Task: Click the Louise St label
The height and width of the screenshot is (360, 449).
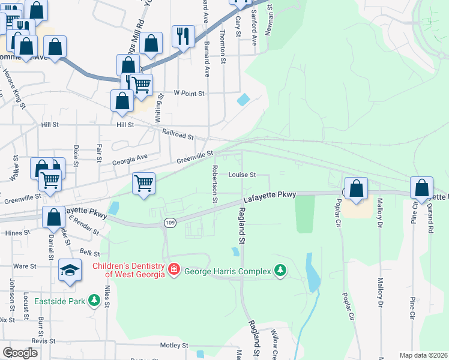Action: click(x=242, y=175)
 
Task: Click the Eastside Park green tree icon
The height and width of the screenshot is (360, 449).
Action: click(x=94, y=300)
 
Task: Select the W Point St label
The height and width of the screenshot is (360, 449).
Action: click(x=189, y=94)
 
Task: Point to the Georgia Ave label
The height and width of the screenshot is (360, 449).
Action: click(x=130, y=160)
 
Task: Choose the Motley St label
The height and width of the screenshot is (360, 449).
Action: click(x=175, y=346)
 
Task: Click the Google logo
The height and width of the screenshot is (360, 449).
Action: click(x=20, y=353)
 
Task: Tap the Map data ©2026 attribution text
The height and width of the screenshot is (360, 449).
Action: click(x=423, y=355)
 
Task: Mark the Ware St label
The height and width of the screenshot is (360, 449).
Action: click(x=25, y=266)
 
